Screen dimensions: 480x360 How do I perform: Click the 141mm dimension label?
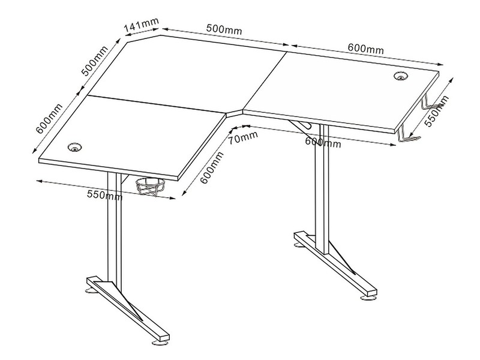point(142,25)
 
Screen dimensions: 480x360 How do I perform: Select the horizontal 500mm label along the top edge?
point(224,29)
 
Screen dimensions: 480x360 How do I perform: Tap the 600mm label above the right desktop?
point(365,49)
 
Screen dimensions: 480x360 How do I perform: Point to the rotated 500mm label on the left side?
point(95,61)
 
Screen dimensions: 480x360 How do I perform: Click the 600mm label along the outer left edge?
point(49,119)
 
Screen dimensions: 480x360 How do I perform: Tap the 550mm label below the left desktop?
point(104,195)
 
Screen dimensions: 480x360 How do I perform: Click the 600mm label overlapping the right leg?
point(323,142)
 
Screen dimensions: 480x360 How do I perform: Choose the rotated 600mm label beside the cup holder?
point(212,168)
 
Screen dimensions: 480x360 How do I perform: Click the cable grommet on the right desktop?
point(400,76)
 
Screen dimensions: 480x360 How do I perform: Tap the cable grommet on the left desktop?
point(74,147)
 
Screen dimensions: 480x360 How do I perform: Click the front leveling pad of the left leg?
point(160,343)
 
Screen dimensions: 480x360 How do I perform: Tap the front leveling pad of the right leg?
point(368,297)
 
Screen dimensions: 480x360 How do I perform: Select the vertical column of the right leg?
point(322,189)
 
